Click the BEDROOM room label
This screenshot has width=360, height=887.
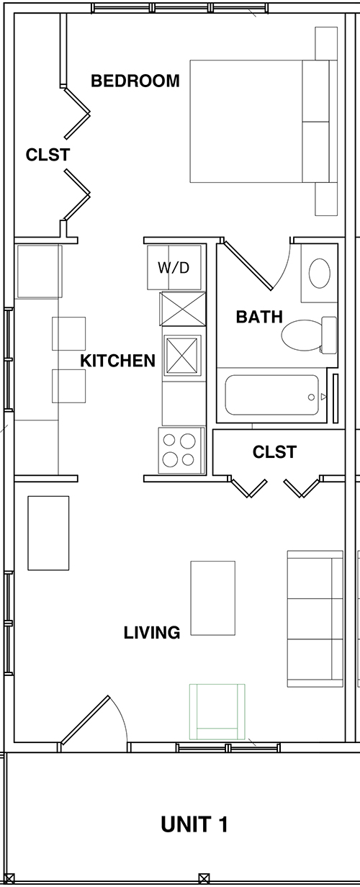coord(135,81)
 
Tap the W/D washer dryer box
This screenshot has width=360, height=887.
coord(174,268)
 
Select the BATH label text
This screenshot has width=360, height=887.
coord(259,317)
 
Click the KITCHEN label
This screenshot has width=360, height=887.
coord(117,361)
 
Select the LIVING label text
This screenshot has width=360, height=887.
coord(151,633)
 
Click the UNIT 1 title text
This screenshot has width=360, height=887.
coord(194,824)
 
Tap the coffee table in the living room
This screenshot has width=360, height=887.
coord(212,598)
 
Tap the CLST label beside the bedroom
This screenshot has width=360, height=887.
coord(48,155)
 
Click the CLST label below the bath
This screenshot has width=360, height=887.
coord(274,452)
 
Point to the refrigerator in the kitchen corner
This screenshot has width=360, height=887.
coord(39,271)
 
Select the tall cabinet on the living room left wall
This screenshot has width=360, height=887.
coord(48,533)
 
